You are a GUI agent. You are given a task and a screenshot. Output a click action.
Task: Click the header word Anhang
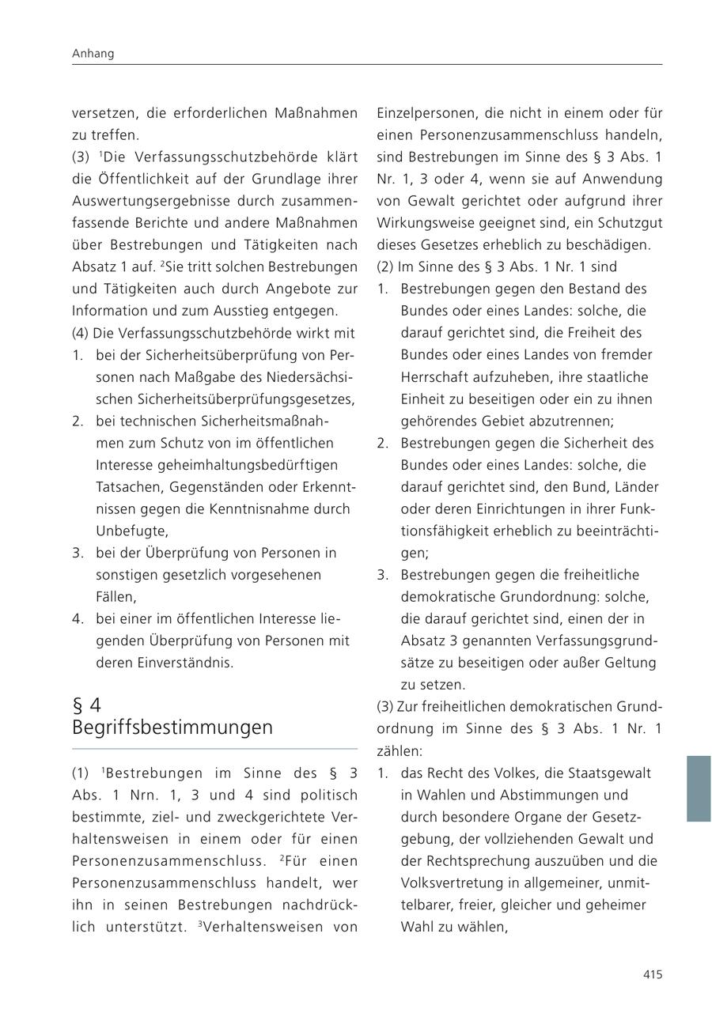click(93, 54)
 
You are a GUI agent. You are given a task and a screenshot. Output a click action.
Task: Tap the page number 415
click(652, 975)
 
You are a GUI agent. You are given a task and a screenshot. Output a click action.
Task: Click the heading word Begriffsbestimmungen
click(172, 727)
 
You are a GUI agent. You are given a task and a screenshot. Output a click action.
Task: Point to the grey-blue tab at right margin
click(698, 788)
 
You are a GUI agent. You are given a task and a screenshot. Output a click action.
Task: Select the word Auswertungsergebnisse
click(148, 202)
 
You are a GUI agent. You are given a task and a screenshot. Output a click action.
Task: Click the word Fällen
click(116, 597)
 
